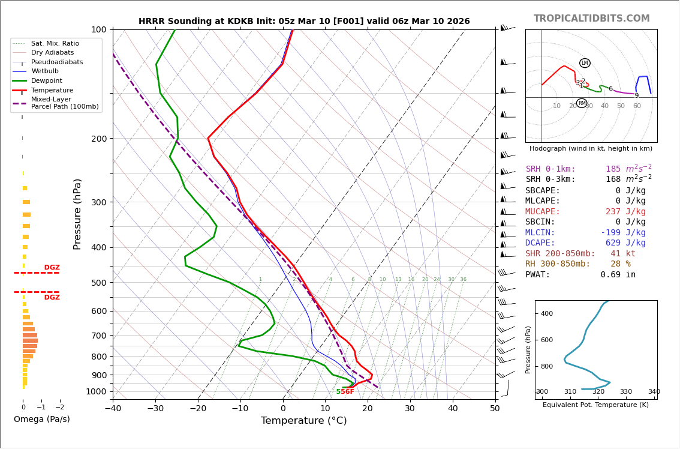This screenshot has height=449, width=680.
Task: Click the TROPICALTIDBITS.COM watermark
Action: tap(591, 19)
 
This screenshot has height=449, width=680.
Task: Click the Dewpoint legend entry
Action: tap(47, 80)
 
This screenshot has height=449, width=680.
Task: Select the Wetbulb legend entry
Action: tap(45, 71)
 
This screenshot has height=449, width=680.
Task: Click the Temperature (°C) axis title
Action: tap(303, 421)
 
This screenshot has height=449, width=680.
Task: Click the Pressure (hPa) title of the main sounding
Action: tap(77, 214)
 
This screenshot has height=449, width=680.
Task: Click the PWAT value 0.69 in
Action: tap(618, 275)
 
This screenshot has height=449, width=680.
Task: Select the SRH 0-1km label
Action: tap(550, 169)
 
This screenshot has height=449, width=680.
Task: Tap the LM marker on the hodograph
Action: tap(585, 63)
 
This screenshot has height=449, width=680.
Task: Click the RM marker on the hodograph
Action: tap(582, 103)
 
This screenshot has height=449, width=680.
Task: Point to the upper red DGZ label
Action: tap(52, 268)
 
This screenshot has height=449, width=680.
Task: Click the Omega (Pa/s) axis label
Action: tap(41, 420)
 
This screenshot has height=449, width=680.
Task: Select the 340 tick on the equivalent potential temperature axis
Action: tap(654, 392)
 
